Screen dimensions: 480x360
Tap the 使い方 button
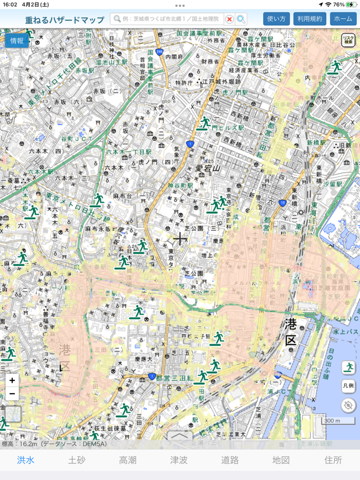pos(277,19)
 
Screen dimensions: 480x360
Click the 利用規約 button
pos(310,19)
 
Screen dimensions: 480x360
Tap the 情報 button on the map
pos(16,41)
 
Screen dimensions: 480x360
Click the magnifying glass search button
pos(241,19)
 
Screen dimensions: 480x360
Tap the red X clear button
pos(229,19)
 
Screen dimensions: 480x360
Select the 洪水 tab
pos(25,460)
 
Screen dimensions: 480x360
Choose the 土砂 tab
pos(77,460)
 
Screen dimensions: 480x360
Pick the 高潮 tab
pos(128,460)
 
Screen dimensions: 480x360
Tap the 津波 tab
pos(179,460)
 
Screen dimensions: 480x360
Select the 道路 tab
pos(230,460)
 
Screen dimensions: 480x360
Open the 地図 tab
pos(281,460)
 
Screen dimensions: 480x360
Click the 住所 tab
pos(333,460)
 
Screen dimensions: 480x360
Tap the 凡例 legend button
pos(348,385)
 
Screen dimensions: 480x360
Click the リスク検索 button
pos(348,40)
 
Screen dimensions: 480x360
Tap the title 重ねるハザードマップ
pos(64,20)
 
